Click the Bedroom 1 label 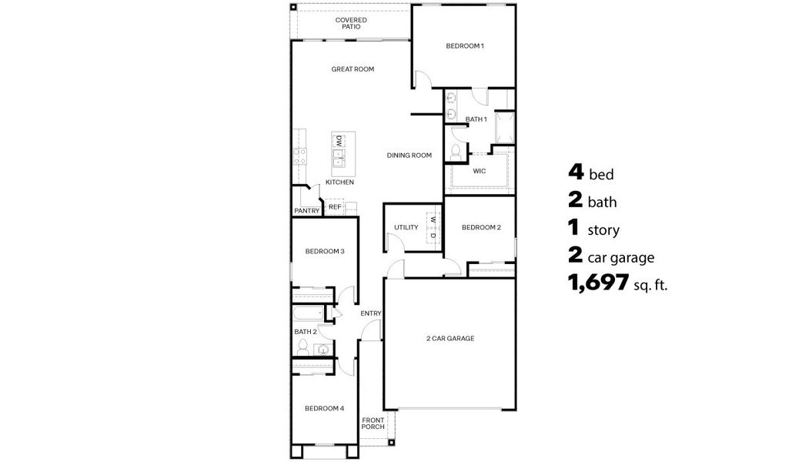point(465,46)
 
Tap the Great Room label point(353,69)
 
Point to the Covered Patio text point(351,23)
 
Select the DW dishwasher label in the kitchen point(339,141)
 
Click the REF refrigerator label point(335,206)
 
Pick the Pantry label point(306,211)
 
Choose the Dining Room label point(409,156)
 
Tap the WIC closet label point(479,171)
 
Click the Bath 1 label point(476,119)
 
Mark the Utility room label point(406,227)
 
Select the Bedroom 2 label point(481,227)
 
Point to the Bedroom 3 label point(324,251)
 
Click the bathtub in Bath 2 point(308,314)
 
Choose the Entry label point(371,313)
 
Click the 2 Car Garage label point(450,338)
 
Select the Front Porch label point(373,423)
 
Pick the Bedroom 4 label point(323,408)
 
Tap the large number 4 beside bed point(576,172)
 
